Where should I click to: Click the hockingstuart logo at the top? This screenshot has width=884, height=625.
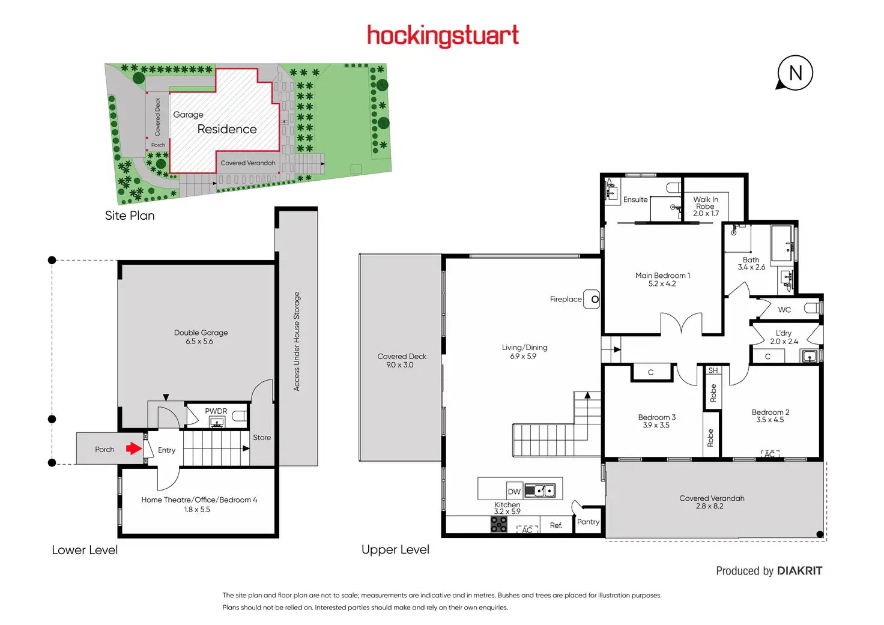click(443, 36)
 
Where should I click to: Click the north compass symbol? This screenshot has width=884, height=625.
click(795, 73)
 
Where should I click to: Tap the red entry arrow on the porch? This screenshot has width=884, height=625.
click(133, 448)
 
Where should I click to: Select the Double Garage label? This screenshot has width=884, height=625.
click(201, 333)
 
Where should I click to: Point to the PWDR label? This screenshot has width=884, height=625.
click(216, 411)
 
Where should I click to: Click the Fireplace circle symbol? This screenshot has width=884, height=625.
click(595, 299)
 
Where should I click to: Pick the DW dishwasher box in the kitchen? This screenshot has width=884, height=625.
click(514, 491)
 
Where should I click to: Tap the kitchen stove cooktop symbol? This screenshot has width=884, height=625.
click(498, 525)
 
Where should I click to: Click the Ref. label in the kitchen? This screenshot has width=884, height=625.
click(556, 525)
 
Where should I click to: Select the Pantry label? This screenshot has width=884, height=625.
click(588, 522)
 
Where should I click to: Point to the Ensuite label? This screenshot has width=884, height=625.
click(635, 199)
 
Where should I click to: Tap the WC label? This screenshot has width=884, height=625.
click(784, 310)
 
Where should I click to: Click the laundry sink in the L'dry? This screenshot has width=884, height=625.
click(809, 356)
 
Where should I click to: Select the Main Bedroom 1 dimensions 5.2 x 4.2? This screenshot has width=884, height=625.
click(662, 284)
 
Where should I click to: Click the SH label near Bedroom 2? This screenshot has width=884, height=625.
click(713, 370)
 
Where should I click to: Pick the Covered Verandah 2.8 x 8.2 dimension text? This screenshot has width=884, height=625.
click(709, 506)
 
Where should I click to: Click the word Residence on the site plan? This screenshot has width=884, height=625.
click(227, 129)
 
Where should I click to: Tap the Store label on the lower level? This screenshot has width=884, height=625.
click(262, 438)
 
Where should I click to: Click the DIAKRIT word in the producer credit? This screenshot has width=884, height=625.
click(799, 571)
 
